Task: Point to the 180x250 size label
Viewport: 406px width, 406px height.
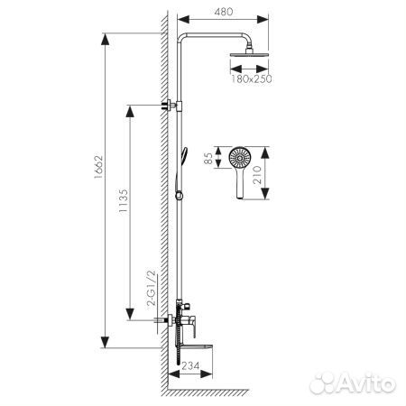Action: (x=250, y=79)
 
